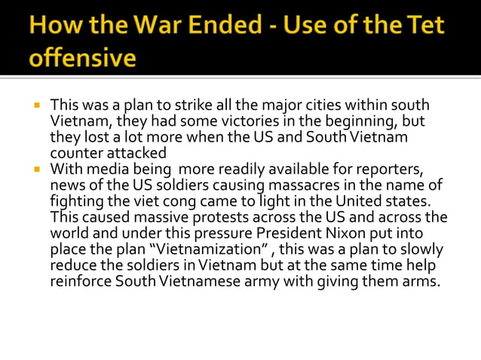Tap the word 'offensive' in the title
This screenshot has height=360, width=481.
click(83, 57)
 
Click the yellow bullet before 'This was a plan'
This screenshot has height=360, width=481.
click(35, 105)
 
